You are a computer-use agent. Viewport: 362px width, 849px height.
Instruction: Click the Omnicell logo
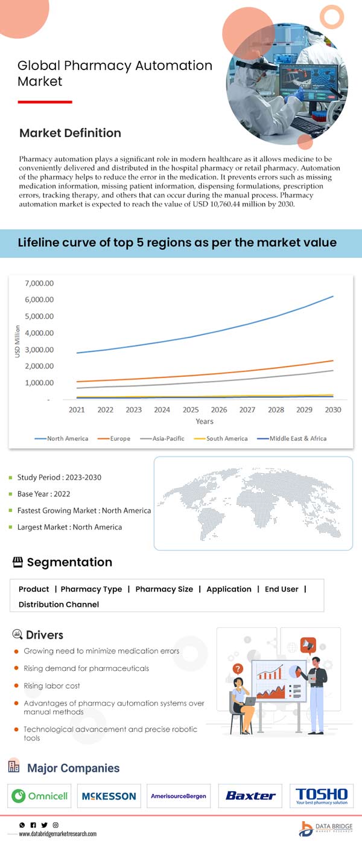click(40, 796)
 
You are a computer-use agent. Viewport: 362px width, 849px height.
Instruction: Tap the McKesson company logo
click(109, 796)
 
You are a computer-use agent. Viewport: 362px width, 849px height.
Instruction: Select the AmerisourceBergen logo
click(179, 796)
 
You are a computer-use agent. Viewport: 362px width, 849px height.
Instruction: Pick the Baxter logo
click(250, 796)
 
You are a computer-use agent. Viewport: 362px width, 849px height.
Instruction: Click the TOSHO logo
click(322, 796)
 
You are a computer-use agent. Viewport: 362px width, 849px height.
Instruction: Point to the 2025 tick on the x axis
click(191, 409)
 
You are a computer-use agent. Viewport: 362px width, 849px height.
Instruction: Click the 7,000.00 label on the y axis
click(39, 283)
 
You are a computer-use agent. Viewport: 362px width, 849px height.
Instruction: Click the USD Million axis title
click(17, 341)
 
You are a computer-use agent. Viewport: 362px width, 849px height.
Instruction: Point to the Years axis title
click(205, 421)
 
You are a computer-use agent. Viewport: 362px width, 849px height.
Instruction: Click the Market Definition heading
click(70, 133)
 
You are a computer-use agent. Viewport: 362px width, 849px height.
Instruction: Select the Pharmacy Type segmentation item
click(91, 589)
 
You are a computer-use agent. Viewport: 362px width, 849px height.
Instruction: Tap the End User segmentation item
click(281, 589)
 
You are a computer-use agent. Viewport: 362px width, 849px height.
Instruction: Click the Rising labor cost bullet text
click(52, 686)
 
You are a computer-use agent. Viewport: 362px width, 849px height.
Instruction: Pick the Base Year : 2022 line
click(44, 494)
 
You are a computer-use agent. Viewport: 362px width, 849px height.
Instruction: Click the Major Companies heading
click(73, 768)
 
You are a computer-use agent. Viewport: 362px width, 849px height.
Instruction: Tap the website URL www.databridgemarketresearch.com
click(57, 834)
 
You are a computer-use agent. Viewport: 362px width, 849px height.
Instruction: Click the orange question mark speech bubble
click(238, 668)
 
